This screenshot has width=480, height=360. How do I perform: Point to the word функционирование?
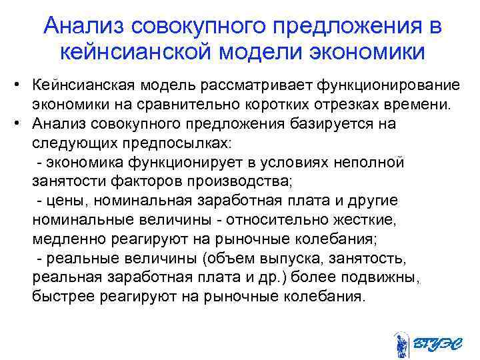pos(388,87)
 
